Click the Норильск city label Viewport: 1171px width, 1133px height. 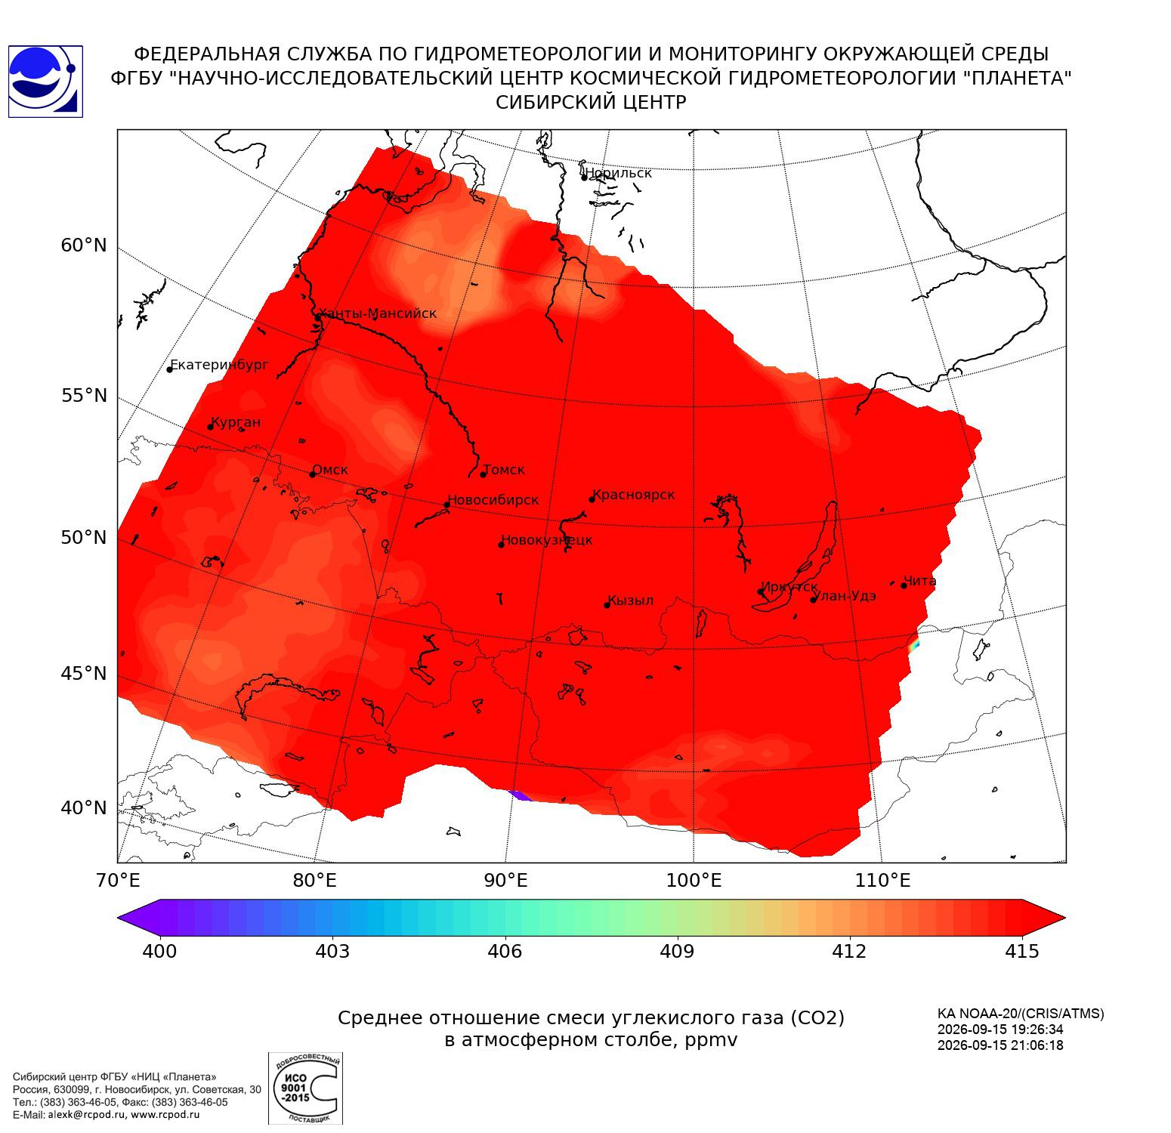(x=618, y=173)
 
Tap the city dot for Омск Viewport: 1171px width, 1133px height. (x=312, y=474)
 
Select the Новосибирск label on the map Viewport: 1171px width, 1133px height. (x=493, y=500)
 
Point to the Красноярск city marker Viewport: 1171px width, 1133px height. (x=592, y=499)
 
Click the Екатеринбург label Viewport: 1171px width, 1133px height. (x=220, y=365)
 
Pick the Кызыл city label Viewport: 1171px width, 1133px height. (x=631, y=600)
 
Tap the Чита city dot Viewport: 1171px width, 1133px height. (x=904, y=585)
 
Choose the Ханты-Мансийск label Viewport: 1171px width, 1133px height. (x=378, y=313)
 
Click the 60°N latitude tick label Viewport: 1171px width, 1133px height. (x=84, y=245)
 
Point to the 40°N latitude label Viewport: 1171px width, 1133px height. (x=84, y=808)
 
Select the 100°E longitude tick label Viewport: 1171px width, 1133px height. (x=694, y=880)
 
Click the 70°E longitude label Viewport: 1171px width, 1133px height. (x=118, y=880)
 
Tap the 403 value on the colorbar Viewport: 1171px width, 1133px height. (x=332, y=951)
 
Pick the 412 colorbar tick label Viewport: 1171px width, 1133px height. (x=849, y=951)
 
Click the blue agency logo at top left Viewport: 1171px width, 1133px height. (x=45, y=82)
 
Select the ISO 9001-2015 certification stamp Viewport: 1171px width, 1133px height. (x=306, y=1088)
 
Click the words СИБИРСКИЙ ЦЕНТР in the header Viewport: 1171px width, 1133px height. (x=591, y=103)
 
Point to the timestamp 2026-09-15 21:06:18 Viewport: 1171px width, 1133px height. (x=1000, y=1045)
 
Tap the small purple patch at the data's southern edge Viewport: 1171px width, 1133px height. (x=521, y=795)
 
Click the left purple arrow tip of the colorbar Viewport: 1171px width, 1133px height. (x=119, y=918)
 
